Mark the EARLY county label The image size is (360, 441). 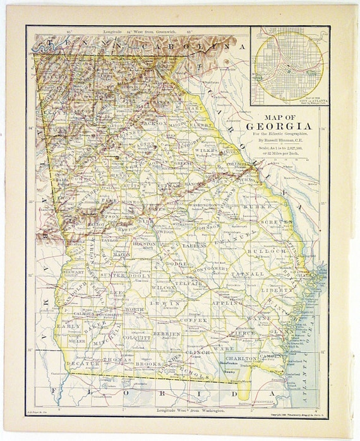pyautogui.click(x=69, y=326)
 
